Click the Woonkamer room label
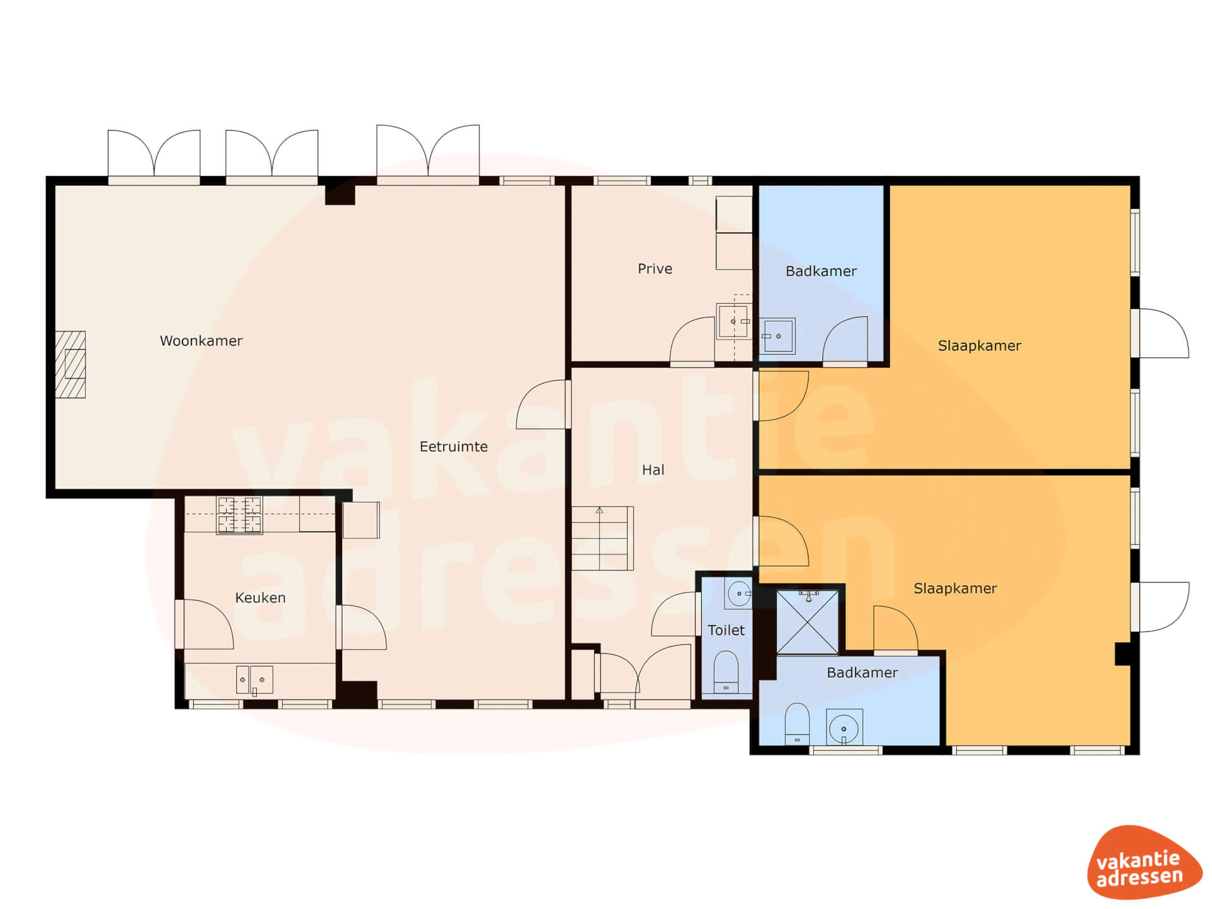point(201,341)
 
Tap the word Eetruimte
point(453,447)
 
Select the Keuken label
point(260,598)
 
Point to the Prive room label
point(655,269)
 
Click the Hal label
point(653,470)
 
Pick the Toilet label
point(726,630)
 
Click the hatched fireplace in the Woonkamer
point(70,365)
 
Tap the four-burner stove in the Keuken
point(239,515)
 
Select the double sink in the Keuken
point(254,680)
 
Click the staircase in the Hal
point(602,538)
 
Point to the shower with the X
point(807,622)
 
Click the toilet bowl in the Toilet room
point(726,672)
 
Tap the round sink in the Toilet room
point(738,593)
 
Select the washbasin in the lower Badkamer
point(844,728)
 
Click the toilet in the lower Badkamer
point(797,724)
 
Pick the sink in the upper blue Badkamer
point(777,336)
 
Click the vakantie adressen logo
point(1144,863)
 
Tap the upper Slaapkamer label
point(979,346)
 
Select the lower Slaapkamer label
point(955,588)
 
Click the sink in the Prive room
point(734,322)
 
